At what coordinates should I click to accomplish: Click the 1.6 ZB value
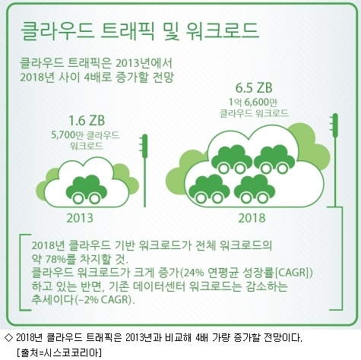pyautogui.click(x=87, y=121)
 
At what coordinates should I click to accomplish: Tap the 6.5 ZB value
pyautogui.click(x=254, y=88)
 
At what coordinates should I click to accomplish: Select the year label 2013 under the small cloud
pyautogui.click(x=80, y=218)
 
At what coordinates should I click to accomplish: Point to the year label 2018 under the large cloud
pyautogui.click(x=252, y=218)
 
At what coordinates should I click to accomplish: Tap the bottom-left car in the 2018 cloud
pyautogui.click(x=210, y=189)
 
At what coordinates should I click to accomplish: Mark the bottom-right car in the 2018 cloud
pyautogui.click(x=255, y=189)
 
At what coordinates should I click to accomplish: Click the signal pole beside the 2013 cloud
pyautogui.click(x=144, y=170)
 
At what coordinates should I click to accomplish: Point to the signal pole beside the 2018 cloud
pyautogui.click(x=335, y=160)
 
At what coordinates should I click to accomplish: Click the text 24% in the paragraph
pyautogui.click(x=193, y=273)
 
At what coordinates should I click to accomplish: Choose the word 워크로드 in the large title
pyautogui.click(x=222, y=30)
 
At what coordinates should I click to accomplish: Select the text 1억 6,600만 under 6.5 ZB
pyautogui.click(x=253, y=103)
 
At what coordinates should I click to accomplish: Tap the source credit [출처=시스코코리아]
pyautogui.click(x=59, y=352)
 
